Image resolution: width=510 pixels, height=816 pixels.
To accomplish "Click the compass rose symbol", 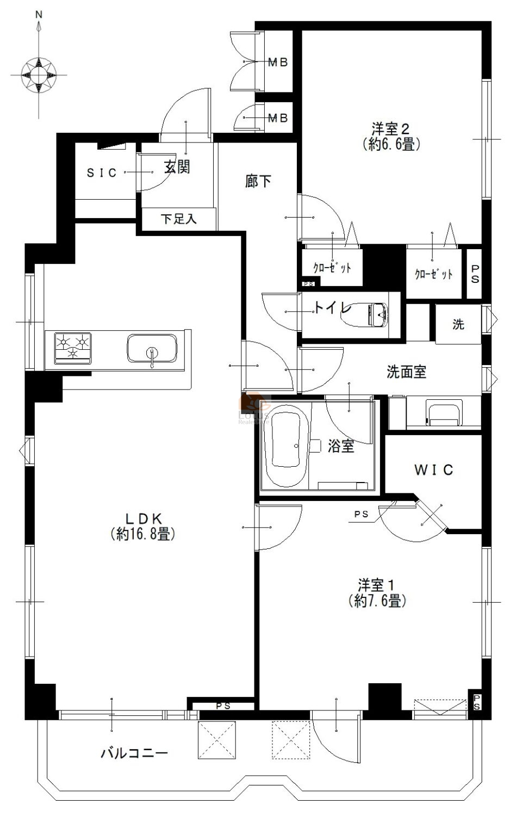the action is (39, 75).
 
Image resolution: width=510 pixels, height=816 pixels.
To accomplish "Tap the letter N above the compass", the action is (39, 15).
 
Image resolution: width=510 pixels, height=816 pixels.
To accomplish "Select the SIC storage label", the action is (102, 172).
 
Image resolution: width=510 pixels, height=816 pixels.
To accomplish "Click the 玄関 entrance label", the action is (177, 167).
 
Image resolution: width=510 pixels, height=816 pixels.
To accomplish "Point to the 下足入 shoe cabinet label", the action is (179, 219).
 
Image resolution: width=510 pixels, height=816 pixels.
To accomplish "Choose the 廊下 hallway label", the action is (258, 181).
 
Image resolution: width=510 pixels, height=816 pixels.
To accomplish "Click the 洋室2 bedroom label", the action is (391, 129).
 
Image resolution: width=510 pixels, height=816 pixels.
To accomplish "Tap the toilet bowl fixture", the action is (365, 315).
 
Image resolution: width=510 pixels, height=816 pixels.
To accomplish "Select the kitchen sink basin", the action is (152, 349).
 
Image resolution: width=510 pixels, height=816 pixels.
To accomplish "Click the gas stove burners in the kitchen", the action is (72, 348).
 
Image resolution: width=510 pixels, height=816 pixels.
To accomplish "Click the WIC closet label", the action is (433, 470).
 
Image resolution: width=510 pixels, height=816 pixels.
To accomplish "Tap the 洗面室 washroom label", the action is (406, 372).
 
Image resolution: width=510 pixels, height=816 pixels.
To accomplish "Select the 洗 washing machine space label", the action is (458, 324).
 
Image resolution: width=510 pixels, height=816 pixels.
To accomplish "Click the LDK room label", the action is (143, 518).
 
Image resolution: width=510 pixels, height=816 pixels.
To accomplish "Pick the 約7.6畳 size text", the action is (377, 601).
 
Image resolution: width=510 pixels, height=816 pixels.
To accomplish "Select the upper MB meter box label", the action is (278, 63).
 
